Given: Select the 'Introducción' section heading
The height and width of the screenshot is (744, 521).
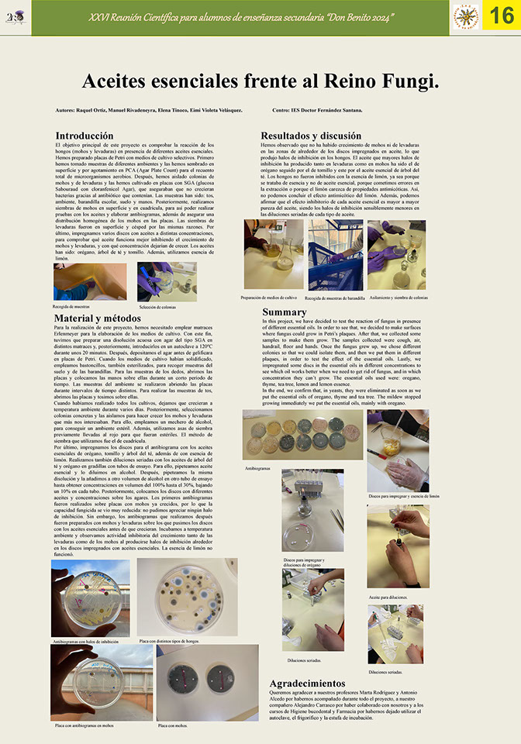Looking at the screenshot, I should (x=85, y=136).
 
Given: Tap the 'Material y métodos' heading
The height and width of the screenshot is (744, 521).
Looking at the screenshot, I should (x=98, y=318).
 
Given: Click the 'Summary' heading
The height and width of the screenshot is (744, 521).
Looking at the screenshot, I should (x=285, y=312).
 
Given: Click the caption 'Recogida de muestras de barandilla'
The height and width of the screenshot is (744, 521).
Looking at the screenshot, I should (x=336, y=297).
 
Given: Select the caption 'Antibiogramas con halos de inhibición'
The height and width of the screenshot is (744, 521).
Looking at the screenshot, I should (x=85, y=642).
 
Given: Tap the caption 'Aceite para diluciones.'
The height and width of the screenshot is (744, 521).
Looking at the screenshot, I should (x=389, y=598).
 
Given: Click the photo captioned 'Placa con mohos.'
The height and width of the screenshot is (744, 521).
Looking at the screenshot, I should (x=196, y=684).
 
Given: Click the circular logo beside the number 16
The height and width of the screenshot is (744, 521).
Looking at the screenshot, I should (x=466, y=17).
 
